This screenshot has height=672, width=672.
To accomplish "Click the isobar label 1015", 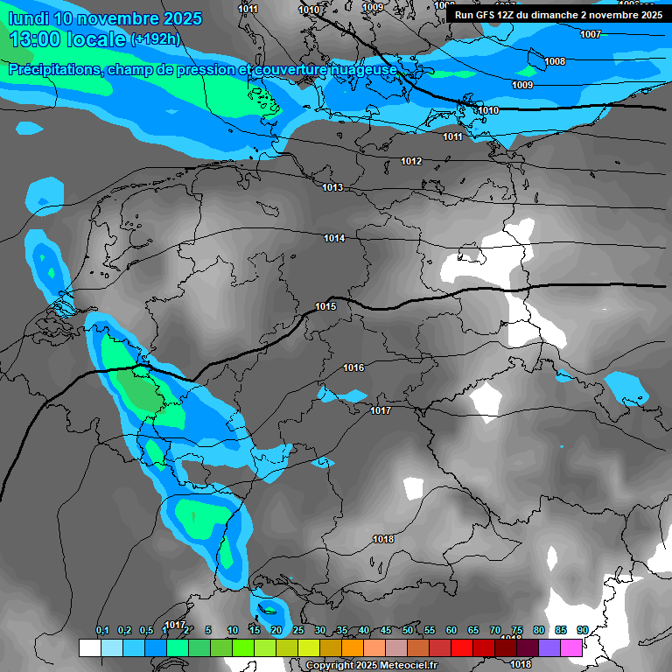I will pos(325,306).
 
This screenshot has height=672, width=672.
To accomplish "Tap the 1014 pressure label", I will pos(334,238).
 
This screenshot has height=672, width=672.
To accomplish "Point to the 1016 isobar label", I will pos(353,367).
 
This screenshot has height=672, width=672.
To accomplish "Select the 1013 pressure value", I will pos(332,188).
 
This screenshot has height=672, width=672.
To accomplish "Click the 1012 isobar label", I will pos(411,161).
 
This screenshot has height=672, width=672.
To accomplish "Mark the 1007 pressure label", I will pos(591,34).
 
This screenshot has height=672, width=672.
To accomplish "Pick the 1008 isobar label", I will pos(555,61).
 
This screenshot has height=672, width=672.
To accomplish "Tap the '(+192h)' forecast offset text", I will pos(155,39).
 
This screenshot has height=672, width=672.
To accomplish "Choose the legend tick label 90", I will pos(582,630).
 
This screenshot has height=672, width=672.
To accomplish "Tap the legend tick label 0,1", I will pos(102,630).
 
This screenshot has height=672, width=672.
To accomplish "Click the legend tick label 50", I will pos(408,630).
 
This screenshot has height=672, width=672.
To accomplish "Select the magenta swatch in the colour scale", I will pos(571,647).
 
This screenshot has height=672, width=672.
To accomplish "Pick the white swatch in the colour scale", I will pos(90,647).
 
